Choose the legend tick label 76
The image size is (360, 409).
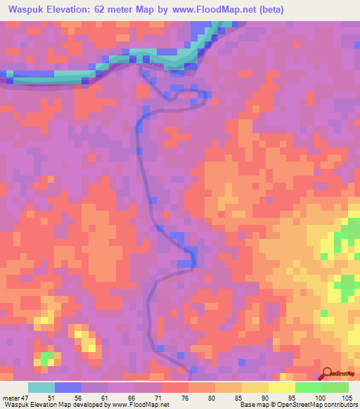coord(187,397)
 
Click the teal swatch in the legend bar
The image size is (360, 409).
coord(41,387)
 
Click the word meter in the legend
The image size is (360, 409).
coord(10,397)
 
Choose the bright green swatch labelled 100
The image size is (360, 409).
coord(308,387)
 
